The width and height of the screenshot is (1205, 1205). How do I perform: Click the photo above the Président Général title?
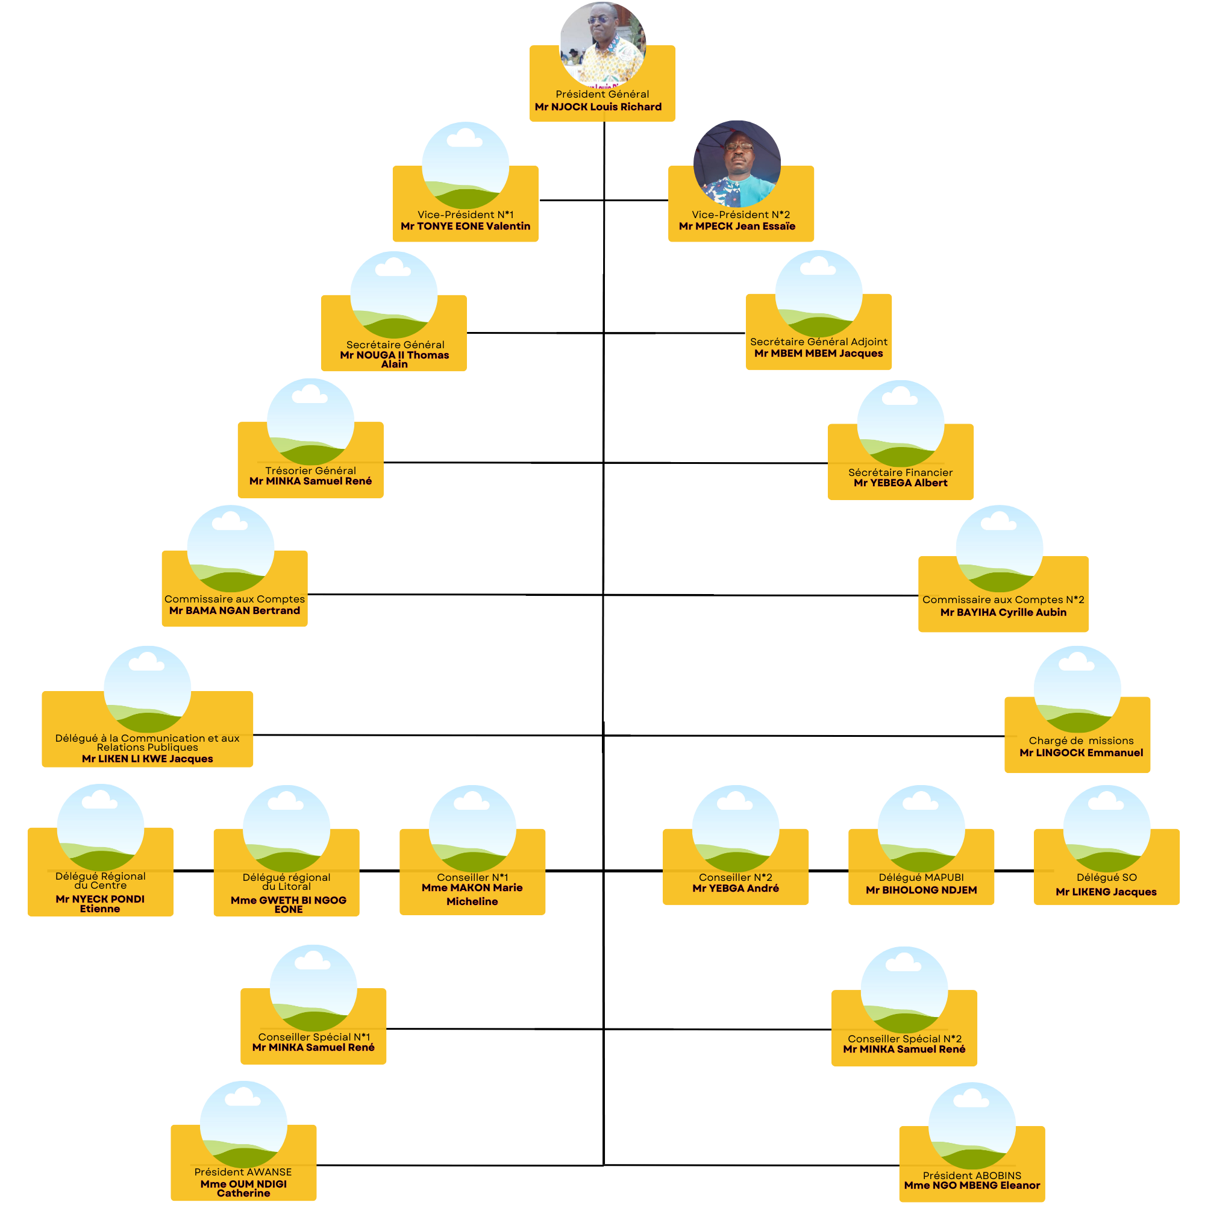602,43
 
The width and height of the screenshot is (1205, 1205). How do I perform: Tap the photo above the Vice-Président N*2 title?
737,164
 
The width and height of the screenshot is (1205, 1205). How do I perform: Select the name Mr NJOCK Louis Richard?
598,107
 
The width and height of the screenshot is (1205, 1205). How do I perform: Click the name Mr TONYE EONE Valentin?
465,227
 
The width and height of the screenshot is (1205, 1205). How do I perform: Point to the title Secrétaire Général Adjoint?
818,342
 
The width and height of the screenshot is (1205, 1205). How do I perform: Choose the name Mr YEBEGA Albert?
900,483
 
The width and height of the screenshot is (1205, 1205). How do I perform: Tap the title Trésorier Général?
311,471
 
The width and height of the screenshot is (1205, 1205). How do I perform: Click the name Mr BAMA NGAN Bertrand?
234,610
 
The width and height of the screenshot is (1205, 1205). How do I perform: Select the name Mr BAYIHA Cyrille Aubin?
1003,613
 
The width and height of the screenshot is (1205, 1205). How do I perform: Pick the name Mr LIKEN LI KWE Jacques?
147,759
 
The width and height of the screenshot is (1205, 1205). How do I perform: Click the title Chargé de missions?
1081,741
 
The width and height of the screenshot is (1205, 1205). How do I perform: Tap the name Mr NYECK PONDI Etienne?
100,904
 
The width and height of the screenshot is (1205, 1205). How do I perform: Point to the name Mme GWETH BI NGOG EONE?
288,905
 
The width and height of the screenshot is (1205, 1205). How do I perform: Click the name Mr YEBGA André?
735,888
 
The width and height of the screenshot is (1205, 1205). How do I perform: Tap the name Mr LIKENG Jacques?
1106,892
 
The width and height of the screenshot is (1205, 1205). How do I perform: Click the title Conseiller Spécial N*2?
904,1039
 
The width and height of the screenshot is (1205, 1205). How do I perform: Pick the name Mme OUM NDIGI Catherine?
243,1189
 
